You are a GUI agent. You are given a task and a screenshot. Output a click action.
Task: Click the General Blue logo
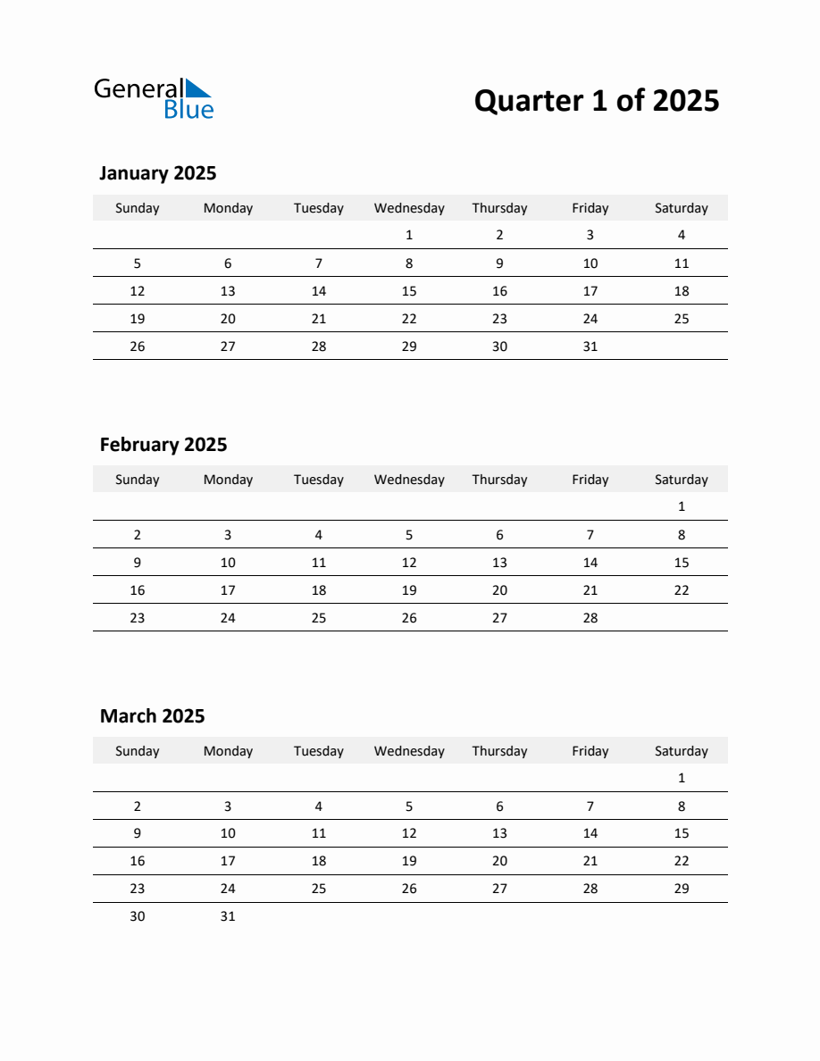[154, 98]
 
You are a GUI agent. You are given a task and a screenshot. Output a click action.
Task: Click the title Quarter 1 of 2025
[596, 100]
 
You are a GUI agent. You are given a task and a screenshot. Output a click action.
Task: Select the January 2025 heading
[157, 173]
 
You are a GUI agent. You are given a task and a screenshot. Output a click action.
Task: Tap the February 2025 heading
[163, 445]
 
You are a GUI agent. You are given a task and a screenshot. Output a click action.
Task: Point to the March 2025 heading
[152, 716]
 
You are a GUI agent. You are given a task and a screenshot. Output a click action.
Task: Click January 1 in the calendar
[409, 236]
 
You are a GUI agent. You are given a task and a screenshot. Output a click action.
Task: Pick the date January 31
[590, 347]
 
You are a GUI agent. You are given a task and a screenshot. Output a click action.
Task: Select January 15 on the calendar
[409, 291]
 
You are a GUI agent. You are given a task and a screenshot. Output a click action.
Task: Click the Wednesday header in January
[409, 208]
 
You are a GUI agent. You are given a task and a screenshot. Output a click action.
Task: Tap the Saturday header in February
[681, 480]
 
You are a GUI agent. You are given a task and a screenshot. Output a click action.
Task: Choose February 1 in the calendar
[681, 507]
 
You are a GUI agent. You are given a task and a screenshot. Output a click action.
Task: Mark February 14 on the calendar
[590, 563]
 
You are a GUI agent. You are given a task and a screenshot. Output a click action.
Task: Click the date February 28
[590, 618]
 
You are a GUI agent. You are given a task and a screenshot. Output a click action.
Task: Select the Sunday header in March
[138, 751]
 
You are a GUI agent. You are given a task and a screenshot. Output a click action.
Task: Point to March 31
[228, 916]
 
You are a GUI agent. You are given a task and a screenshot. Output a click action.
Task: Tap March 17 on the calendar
[228, 861]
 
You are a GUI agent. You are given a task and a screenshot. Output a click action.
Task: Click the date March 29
[681, 889]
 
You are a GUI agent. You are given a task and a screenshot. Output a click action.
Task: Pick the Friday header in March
[590, 751]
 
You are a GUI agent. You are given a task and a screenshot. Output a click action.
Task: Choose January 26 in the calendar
[138, 347]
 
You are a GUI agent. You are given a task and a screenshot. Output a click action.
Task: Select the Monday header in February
[228, 480]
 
